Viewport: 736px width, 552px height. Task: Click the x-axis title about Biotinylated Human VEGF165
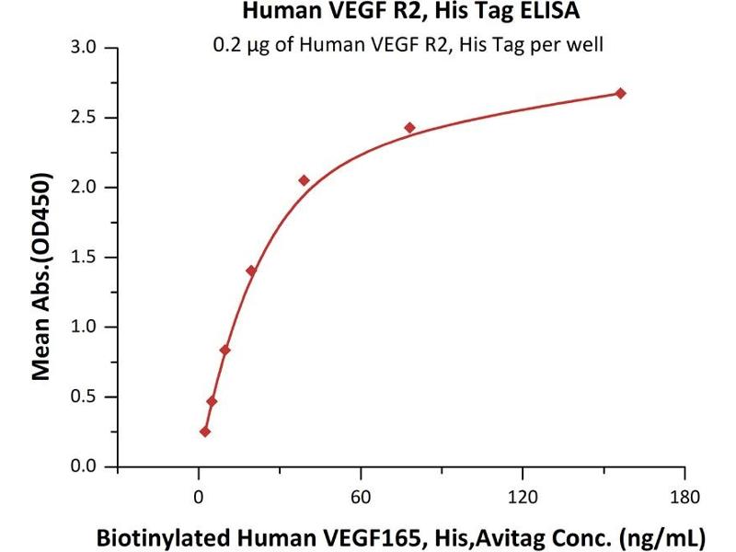pyautogui.click(x=401, y=535)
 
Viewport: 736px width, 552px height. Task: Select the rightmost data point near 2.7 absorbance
pyautogui.click(x=621, y=93)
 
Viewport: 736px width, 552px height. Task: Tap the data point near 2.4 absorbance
pyautogui.click(x=409, y=128)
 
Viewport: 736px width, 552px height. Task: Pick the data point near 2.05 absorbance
pyautogui.click(x=304, y=180)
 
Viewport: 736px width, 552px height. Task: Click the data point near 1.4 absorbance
pyautogui.click(x=251, y=270)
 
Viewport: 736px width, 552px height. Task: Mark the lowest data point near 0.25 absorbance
pyautogui.click(x=204, y=431)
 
